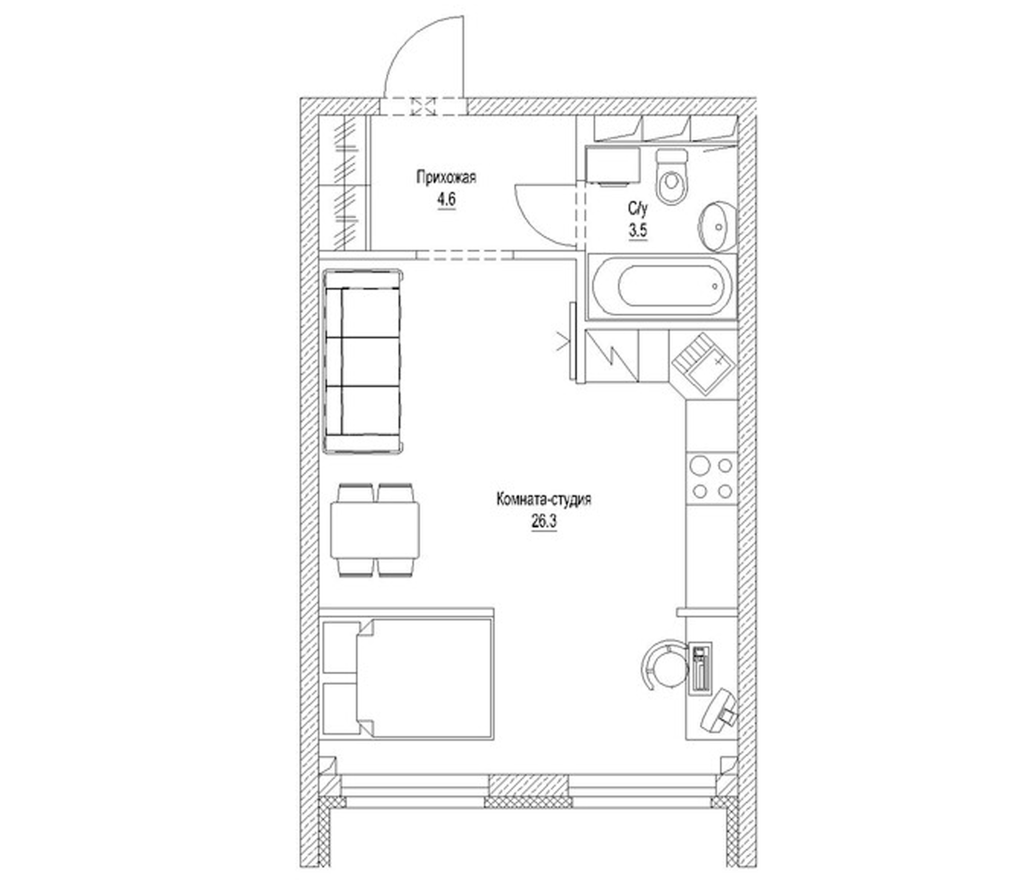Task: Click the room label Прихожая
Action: pyautogui.click(x=446, y=177)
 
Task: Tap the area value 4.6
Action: pyautogui.click(x=446, y=200)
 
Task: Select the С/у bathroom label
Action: pyautogui.click(x=638, y=209)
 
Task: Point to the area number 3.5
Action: pyautogui.click(x=638, y=231)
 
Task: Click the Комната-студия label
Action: pyautogui.click(x=544, y=500)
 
